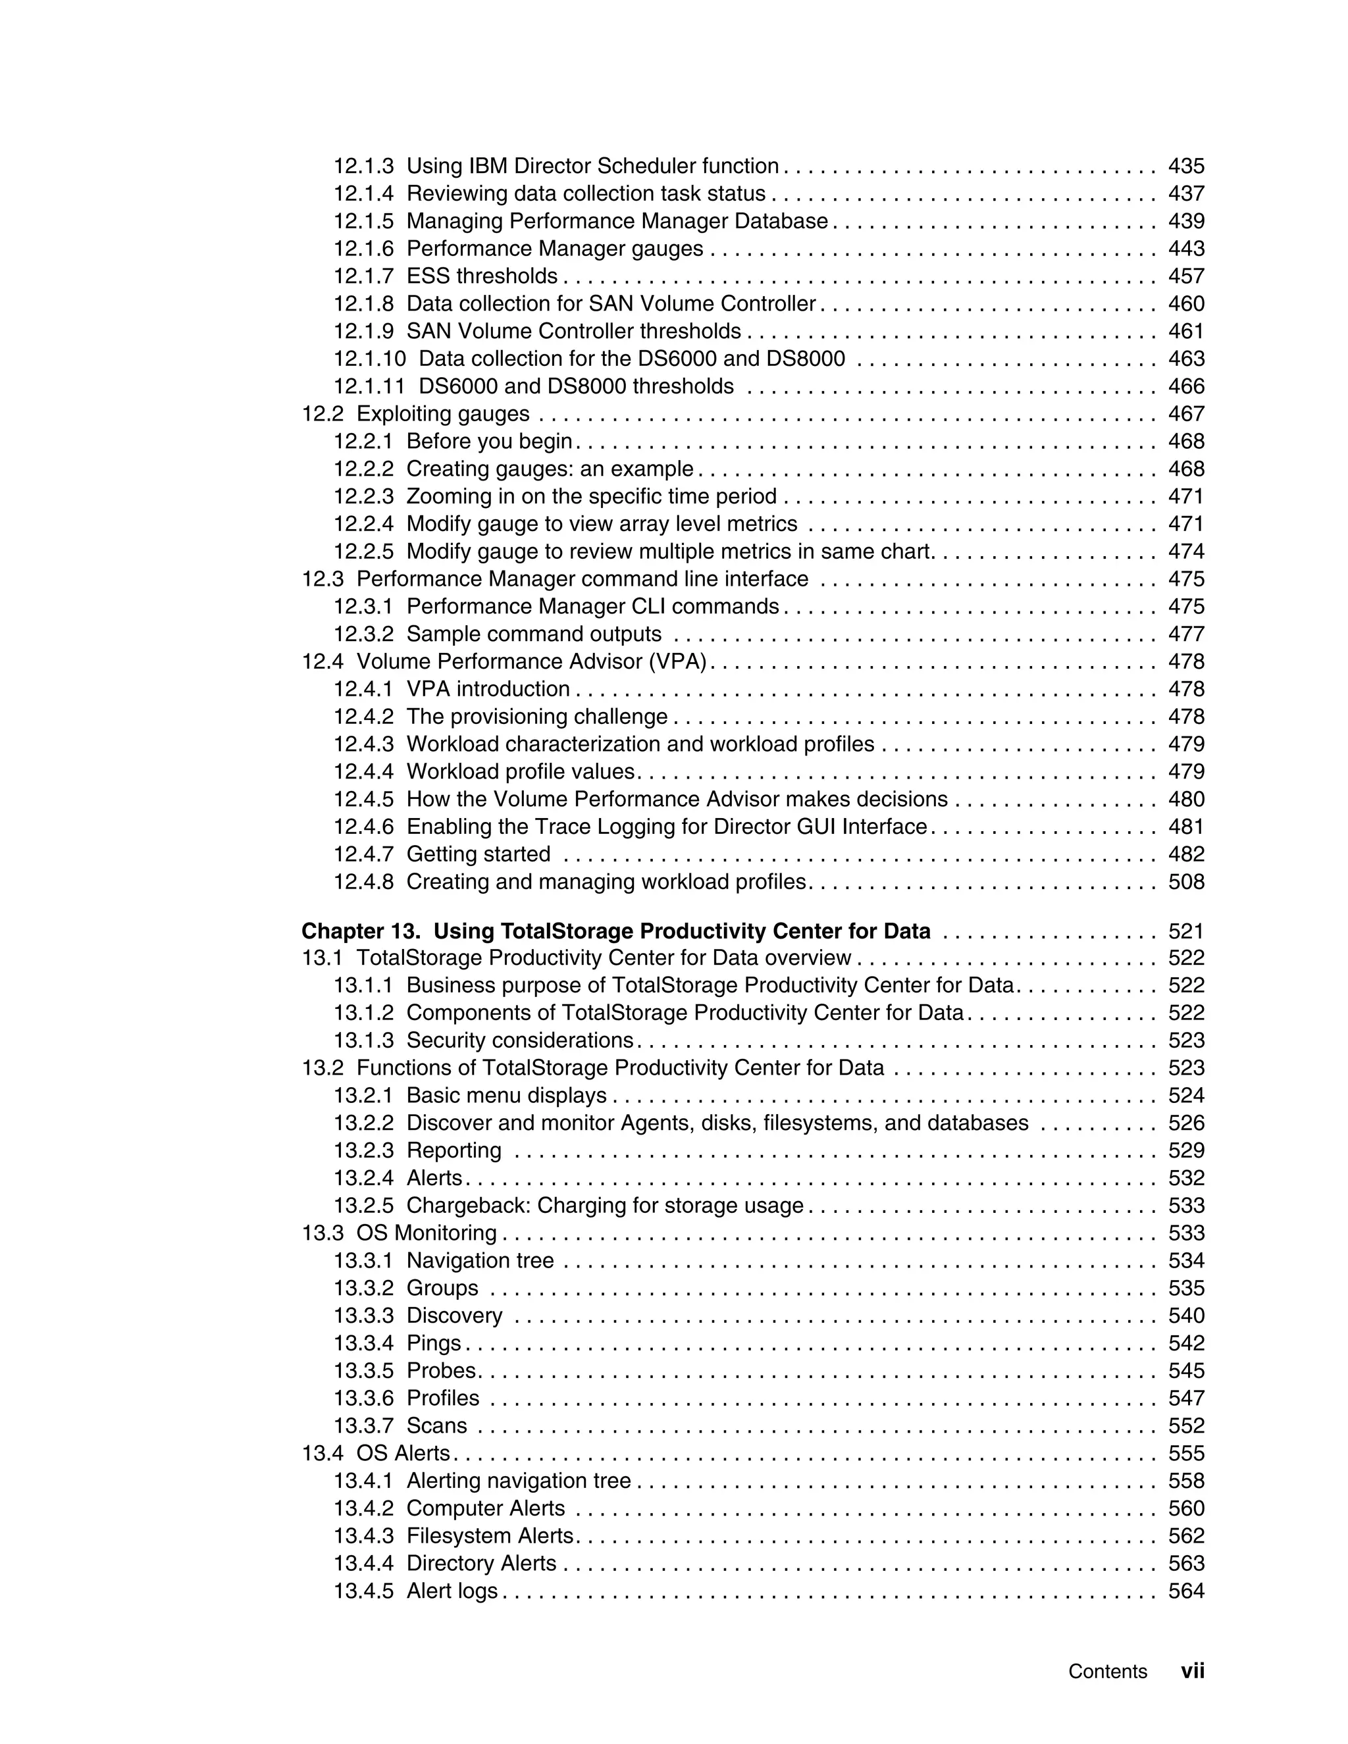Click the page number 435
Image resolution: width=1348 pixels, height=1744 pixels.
coord(1186,166)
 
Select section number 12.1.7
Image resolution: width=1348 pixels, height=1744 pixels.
coord(363,276)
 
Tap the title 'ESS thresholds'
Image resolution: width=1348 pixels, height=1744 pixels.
coord(482,276)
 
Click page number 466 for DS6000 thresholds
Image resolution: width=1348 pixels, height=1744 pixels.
coord(1186,386)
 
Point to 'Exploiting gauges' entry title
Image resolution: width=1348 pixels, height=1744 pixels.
coord(442,414)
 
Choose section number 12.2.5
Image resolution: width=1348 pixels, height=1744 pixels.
coord(363,551)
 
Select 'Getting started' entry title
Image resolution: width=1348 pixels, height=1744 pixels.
coord(479,854)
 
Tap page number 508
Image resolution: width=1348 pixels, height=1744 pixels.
coord(1186,883)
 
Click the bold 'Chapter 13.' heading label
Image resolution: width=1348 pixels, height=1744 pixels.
coord(361,932)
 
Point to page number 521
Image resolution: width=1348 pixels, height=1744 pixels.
coord(1186,932)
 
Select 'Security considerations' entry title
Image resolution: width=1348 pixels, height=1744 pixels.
coord(520,1040)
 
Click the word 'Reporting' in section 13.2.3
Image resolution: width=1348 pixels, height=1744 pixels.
coord(454,1150)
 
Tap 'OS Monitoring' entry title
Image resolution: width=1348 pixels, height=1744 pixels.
coord(427,1233)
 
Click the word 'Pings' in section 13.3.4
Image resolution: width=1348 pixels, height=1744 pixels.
coord(434,1343)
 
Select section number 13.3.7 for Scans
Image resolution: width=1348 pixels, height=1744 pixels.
coord(363,1426)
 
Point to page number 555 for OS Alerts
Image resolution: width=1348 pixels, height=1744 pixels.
coord(1186,1453)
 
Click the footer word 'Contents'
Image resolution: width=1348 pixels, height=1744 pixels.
coord(1107,1672)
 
